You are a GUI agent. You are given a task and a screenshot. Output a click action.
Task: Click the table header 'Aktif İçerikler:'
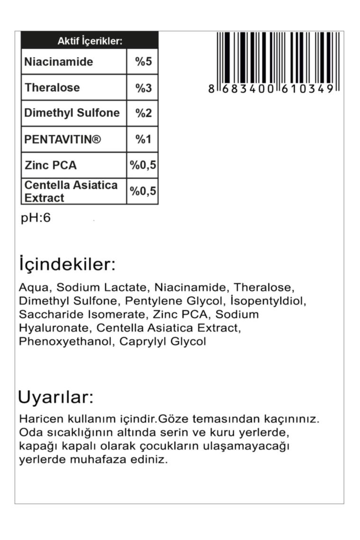(x=90, y=41)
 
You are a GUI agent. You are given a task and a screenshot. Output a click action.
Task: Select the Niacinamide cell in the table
(x=59, y=62)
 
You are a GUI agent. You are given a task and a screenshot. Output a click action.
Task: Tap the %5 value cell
(x=143, y=62)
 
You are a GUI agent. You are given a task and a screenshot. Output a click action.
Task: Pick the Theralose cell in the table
(x=52, y=88)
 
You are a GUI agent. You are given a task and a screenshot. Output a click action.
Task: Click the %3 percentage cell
(x=143, y=88)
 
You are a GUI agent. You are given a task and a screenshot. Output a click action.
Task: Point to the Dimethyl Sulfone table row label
(x=72, y=113)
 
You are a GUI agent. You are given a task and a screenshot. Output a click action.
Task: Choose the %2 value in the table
(x=143, y=113)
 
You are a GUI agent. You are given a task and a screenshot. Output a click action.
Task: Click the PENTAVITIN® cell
(x=63, y=139)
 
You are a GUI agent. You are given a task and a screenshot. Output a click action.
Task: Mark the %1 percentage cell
(x=143, y=139)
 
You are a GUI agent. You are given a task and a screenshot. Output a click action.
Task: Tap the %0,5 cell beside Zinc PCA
(x=143, y=165)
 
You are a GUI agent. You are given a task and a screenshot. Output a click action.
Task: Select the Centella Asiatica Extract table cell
(x=71, y=191)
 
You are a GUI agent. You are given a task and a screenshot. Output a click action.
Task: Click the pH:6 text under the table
(x=36, y=218)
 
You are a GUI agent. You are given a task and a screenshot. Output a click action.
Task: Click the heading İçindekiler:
(x=67, y=264)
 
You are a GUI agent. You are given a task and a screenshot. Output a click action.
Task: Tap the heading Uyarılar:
(x=55, y=397)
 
